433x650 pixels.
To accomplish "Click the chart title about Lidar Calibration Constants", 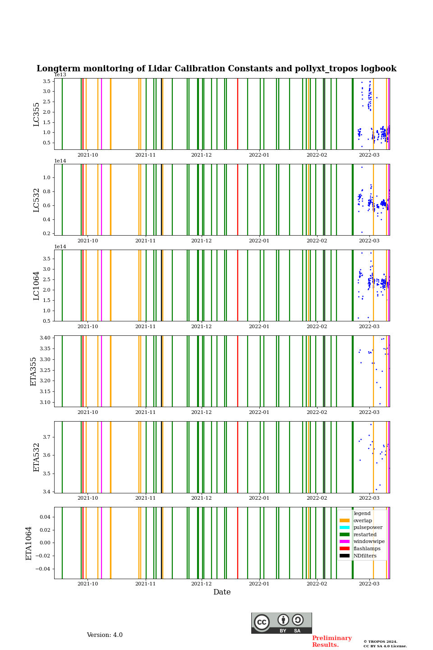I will point(216,69).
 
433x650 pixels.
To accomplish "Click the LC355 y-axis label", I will point(37,114).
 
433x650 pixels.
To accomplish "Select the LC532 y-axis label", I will point(37,200).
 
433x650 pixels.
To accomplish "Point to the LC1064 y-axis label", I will point(37,286).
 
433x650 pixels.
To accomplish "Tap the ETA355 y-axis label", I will point(33,371).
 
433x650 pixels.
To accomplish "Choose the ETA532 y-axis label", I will point(37,457).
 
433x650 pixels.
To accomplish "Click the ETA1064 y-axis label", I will point(29,543).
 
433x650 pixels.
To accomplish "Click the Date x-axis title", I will point(222,592).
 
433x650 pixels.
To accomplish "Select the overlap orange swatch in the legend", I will point(345,520).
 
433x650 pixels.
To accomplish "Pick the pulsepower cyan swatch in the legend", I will point(345,527).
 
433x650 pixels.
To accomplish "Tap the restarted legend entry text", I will point(365,534).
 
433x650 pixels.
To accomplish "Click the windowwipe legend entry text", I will point(369,542).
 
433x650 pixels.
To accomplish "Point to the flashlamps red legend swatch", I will point(345,548).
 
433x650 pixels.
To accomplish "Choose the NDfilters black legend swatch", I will point(345,556).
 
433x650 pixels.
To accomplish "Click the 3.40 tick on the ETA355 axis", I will point(44,338).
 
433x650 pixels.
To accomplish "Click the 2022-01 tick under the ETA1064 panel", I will point(259,584).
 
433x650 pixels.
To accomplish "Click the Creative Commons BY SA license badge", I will point(281,623).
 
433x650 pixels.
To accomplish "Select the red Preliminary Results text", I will point(332,641).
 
